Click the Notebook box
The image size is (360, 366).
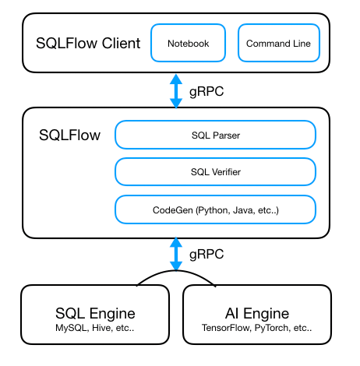point(188,44)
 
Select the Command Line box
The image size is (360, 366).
point(278,44)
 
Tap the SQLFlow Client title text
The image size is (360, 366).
point(88,43)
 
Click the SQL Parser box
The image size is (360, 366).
point(215,135)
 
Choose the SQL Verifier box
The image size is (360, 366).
point(215,171)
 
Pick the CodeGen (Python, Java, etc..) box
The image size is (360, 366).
point(215,209)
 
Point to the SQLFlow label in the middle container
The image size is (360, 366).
point(69,135)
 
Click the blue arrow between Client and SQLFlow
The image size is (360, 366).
point(177,90)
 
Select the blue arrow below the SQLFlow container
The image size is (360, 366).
point(177,255)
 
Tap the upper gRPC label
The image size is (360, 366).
point(206,90)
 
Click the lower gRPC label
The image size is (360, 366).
point(206,255)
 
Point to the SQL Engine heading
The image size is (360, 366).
point(95,314)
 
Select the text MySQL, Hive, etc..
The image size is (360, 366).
point(95,329)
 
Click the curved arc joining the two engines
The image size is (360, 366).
point(176,274)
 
